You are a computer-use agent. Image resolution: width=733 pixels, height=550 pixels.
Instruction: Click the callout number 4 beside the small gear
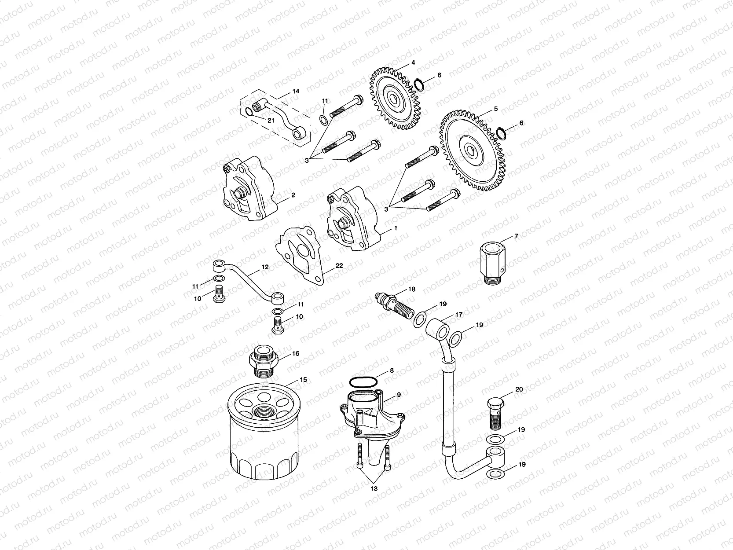(x=413, y=63)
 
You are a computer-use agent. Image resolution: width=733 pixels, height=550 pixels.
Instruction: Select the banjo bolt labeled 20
(x=497, y=413)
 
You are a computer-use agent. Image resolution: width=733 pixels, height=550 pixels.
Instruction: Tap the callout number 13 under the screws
(x=373, y=488)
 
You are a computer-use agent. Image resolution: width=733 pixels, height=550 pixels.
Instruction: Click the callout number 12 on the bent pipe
(x=265, y=267)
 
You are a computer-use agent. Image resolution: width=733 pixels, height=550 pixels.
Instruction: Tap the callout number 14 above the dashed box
(x=295, y=92)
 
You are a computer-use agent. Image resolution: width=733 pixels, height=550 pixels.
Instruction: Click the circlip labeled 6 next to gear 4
(x=419, y=84)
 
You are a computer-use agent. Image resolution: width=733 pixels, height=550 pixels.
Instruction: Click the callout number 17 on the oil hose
(x=459, y=315)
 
